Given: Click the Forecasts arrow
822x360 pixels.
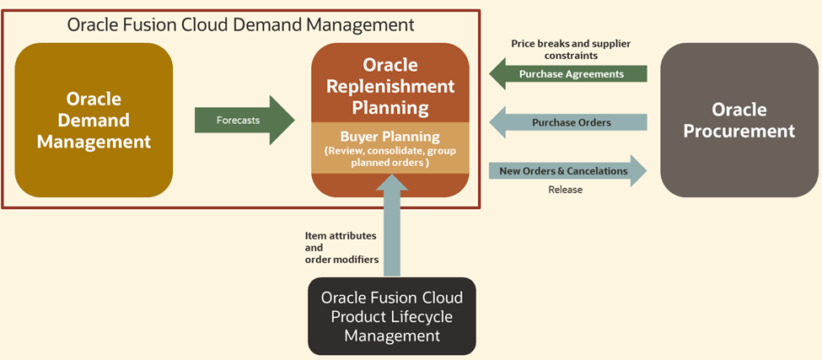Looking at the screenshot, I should click(244, 120).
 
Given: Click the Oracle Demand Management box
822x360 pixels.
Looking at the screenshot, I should click(94, 120).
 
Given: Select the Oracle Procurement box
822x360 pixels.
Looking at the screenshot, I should click(739, 120).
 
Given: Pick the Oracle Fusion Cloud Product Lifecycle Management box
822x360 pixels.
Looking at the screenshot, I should click(391, 316).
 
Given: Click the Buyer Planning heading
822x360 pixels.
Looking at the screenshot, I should click(390, 136).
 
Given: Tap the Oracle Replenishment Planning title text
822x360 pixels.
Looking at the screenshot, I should click(390, 86).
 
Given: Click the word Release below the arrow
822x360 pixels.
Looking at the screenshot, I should click(565, 190).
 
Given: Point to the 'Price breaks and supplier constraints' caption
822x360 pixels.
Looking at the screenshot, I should click(571, 49).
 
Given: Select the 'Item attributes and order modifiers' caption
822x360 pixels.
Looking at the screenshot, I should click(341, 248).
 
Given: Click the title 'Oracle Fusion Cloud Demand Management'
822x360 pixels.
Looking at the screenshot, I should click(241, 24).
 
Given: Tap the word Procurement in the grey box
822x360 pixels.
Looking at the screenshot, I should click(739, 132).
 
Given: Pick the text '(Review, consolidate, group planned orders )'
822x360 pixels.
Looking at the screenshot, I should click(390, 156).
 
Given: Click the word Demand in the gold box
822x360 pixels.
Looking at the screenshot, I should click(94, 120).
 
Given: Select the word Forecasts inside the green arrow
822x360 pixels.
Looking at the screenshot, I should click(238, 120).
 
